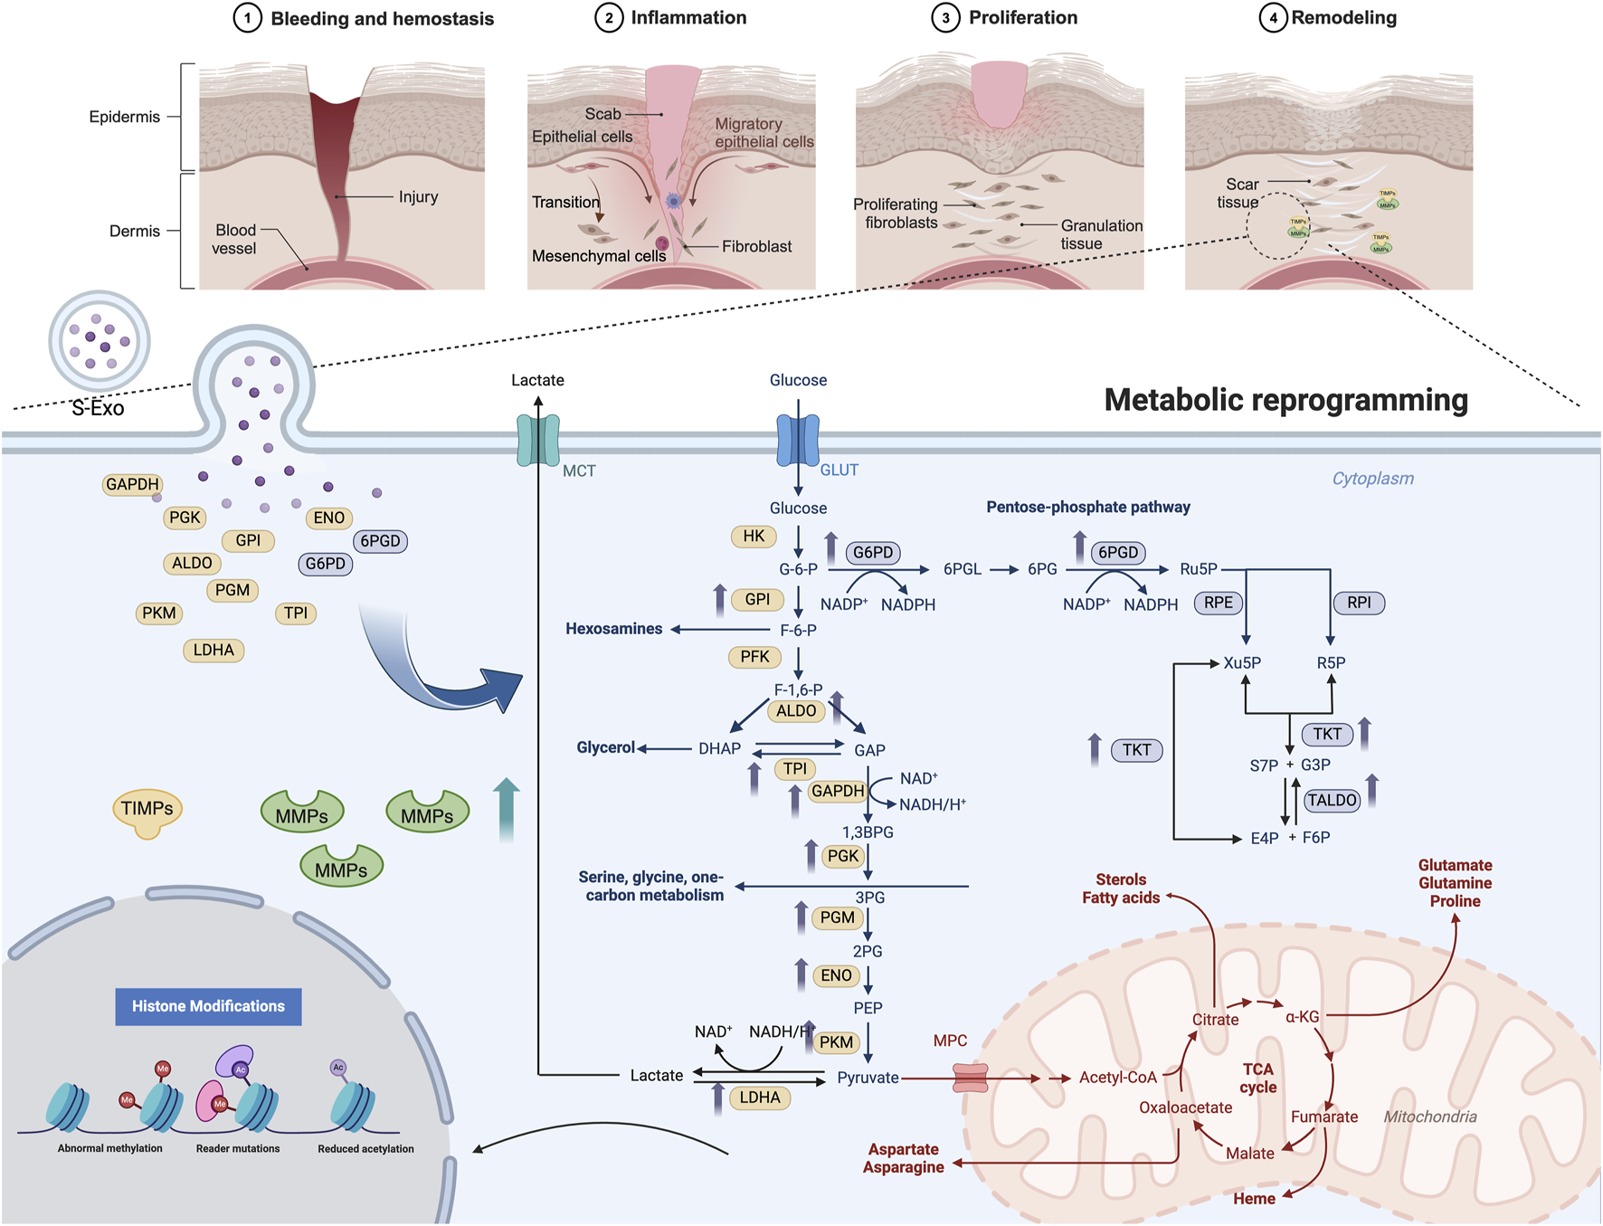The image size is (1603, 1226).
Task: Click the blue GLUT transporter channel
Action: [x=798, y=440]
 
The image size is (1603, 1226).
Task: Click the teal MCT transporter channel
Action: [x=538, y=440]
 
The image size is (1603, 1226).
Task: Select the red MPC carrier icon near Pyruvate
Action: [x=971, y=1078]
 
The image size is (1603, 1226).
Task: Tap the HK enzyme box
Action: [x=754, y=537]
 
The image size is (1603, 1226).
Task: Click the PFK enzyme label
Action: [x=754, y=657]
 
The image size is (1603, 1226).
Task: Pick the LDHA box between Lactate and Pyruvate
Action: [x=760, y=1098]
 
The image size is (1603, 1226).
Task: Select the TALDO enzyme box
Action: [x=1332, y=800]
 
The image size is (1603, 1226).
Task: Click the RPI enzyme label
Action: [x=1359, y=603]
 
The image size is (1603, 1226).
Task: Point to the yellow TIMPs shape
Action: [x=147, y=811]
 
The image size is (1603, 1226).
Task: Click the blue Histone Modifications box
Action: [x=208, y=1006]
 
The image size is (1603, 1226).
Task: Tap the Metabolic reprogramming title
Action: [x=1285, y=400]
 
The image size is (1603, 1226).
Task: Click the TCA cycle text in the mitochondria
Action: [x=1257, y=1078]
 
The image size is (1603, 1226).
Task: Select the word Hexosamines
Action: [x=613, y=629]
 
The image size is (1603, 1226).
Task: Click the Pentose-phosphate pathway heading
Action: [x=1087, y=507]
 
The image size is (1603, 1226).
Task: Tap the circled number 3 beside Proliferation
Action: [x=945, y=18]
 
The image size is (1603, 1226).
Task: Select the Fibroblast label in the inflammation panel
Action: [x=756, y=246]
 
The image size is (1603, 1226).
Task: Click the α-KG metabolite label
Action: [x=1302, y=1017]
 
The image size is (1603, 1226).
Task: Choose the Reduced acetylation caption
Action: [x=365, y=1149]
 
